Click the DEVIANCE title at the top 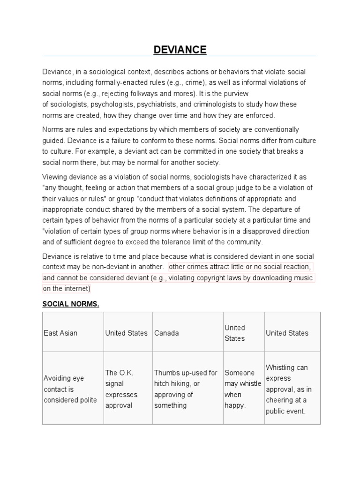tap(180, 50)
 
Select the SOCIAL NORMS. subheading tap(71, 304)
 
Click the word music tap(302, 277)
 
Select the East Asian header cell tap(60, 333)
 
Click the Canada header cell tap(166, 333)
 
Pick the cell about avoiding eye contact tap(70, 389)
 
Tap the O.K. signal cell tap(121, 389)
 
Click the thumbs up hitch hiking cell tap(186, 389)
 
